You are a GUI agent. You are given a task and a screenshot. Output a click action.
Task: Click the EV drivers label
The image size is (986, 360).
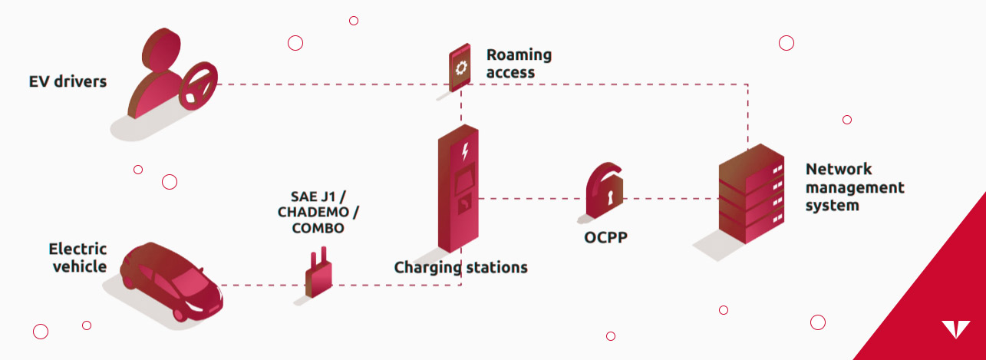point(68,81)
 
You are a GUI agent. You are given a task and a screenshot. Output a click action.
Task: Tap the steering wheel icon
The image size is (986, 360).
point(198,86)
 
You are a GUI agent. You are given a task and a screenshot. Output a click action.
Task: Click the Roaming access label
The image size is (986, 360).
point(519,64)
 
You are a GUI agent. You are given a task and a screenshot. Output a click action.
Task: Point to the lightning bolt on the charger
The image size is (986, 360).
point(463,152)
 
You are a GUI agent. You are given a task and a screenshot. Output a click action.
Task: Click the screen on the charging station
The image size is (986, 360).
point(463,181)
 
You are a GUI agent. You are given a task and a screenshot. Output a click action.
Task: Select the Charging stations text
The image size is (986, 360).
point(460,267)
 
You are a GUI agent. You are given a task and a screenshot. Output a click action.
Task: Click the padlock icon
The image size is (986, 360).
point(604,192)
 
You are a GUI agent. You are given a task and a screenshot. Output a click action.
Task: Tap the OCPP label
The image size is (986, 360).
point(605,237)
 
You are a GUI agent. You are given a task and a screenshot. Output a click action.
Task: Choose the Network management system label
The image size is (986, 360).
point(854,187)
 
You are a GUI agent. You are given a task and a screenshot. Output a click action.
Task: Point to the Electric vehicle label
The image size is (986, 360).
point(77,257)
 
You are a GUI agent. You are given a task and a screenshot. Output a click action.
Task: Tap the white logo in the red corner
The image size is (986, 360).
point(955,329)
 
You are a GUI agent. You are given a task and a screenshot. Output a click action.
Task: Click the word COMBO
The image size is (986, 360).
point(318,229)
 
